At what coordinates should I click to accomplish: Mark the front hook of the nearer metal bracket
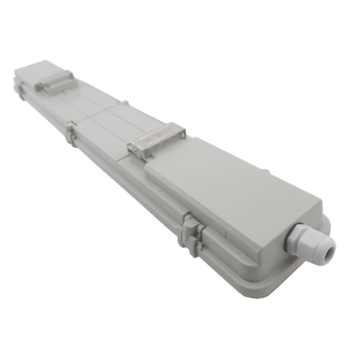point(135,151)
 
